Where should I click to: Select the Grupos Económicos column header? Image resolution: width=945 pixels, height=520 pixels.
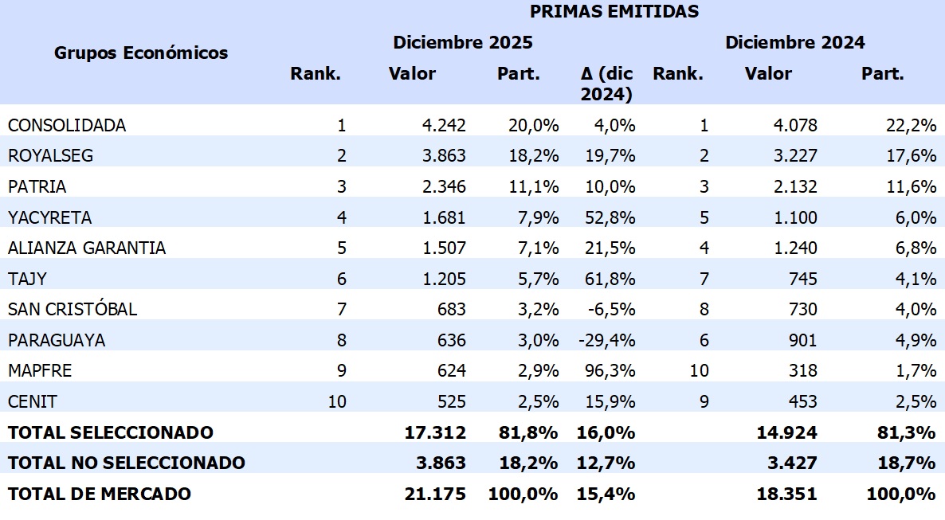pyautogui.click(x=141, y=53)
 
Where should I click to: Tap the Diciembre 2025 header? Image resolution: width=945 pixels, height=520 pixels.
pyautogui.click(x=462, y=42)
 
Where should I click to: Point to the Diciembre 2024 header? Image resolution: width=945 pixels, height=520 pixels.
pyautogui.click(x=794, y=42)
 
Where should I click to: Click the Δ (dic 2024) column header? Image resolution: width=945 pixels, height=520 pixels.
pyautogui.click(x=607, y=84)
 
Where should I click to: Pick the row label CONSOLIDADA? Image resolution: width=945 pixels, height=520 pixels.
pyautogui.click(x=67, y=125)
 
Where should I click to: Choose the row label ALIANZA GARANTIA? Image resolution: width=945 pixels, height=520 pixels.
pyautogui.click(x=87, y=248)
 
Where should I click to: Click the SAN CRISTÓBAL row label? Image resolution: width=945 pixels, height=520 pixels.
pyautogui.click(x=73, y=309)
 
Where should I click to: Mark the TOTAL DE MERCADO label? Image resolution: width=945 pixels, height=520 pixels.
pyautogui.click(x=100, y=494)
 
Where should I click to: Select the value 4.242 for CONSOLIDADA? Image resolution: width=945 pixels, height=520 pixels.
pyautogui.click(x=445, y=125)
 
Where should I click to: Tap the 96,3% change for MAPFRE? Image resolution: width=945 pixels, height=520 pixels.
pyautogui.click(x=609, y=371)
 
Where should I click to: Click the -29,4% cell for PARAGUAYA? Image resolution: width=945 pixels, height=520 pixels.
pyautogui.click(x=606, y=340)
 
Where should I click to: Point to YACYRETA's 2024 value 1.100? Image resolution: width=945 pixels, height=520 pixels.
pyautogui.click(x=795, y=217)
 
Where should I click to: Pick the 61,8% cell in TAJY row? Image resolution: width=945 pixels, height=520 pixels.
pyautogui.click(x=609, y=279)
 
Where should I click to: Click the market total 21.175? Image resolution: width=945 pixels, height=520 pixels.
pyautogui.click(x=436, y=494)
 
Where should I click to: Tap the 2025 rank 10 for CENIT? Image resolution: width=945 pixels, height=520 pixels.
pyautogui.click(x=337, y=401)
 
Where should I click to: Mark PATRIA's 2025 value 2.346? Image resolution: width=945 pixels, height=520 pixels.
pyautogui.click(x=445, y=186)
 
